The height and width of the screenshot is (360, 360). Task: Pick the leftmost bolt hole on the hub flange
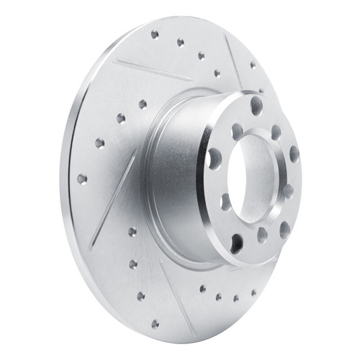214,158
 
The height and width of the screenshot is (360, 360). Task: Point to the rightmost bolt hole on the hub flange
294,153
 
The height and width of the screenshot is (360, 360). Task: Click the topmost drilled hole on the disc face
155,33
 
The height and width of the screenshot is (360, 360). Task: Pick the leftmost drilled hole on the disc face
81,178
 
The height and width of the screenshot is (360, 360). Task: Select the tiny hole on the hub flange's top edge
261,91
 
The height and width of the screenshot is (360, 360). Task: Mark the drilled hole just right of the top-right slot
253,65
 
